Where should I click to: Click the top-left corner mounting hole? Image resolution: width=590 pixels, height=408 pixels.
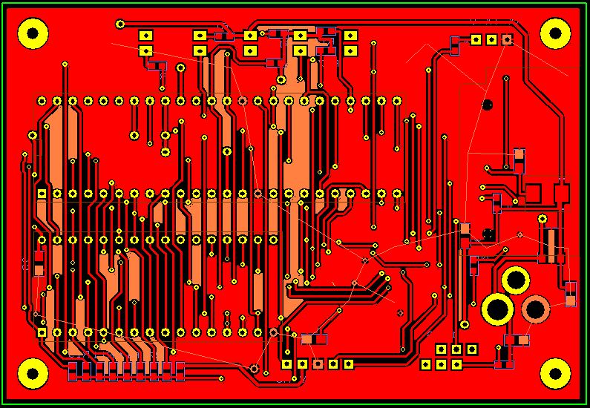click(x=33, y=33)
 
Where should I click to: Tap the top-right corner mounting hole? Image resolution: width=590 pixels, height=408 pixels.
click(x=555, y=32)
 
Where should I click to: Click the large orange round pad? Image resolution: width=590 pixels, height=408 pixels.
click(x=535, y=309)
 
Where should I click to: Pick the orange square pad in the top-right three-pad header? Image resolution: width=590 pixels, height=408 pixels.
click(x=507, y=39)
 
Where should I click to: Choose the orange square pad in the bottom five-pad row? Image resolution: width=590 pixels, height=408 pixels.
click(x=318, y=363)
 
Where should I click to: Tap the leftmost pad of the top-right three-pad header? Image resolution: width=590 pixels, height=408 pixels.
click(x=476, y=39)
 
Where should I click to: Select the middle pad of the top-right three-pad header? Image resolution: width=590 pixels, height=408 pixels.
click(x=491, y=39)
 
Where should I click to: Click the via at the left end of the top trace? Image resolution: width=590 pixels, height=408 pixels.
click(x=120, y=24)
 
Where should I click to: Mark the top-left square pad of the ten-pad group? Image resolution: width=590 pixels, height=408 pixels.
click(x=145, y=36)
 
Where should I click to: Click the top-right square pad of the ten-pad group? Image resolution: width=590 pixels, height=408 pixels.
click(x=350, y=36)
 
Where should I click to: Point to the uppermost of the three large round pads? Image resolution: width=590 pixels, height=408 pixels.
click(x=515, y=280)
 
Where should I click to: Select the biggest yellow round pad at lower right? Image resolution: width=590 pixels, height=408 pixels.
click(x=497, y=309)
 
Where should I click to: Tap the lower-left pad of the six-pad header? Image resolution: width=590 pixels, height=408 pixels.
click(x=425, y=364)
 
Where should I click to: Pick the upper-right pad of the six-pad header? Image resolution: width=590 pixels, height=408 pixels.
click(x=471, y=349)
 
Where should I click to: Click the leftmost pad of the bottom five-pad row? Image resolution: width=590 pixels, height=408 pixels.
click(x=286, y=363)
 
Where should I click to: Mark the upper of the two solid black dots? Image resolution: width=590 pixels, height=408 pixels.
click(x=488, y=105)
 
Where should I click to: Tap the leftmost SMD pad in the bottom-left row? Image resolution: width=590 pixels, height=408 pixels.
click(x=74, y=369)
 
